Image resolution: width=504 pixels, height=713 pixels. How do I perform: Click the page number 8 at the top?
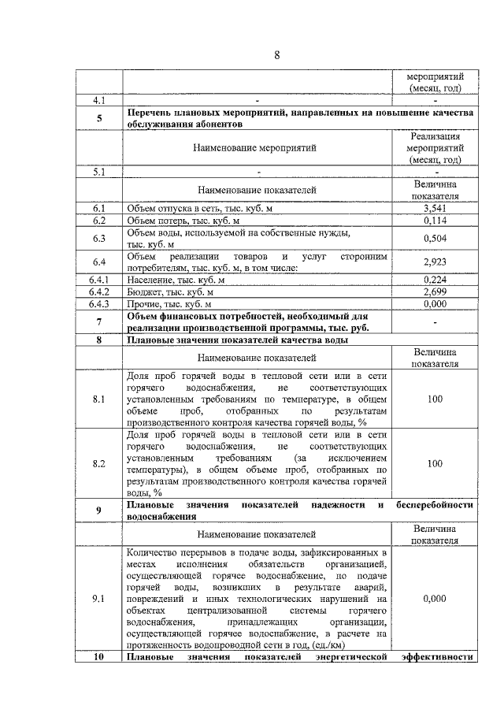[x=276, y=54]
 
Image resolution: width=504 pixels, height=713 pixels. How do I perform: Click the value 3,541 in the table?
[x=435, y=208]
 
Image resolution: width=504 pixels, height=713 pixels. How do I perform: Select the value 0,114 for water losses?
[x=435, y=221]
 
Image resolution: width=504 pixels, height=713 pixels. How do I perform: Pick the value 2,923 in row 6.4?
[x=435, y=262]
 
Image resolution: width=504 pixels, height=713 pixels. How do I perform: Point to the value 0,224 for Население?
[x=435, y=279]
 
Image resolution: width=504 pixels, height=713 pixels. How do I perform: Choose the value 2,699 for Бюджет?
[x=435, y=292]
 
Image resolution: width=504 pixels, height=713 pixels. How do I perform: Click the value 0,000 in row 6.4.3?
[x=435, y=304]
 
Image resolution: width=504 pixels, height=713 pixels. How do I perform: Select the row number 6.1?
[x=99, y=208]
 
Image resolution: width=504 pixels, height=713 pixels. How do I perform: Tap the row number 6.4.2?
[x=99, y=292]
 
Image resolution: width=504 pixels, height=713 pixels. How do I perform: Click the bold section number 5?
[x=99, y=118]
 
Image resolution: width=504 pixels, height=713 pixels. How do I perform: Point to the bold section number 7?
[x=99, y=321]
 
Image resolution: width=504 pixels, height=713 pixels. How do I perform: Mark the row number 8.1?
[x=99, y=399]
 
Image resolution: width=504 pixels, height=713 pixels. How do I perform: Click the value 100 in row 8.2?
[x=435, y=464]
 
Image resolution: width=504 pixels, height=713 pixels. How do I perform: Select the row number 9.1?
[x=99, y=599]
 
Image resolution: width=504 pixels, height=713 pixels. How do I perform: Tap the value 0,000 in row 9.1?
[x=435, y=599]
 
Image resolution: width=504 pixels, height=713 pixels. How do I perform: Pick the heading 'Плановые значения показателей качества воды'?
[x=238, y=340]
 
